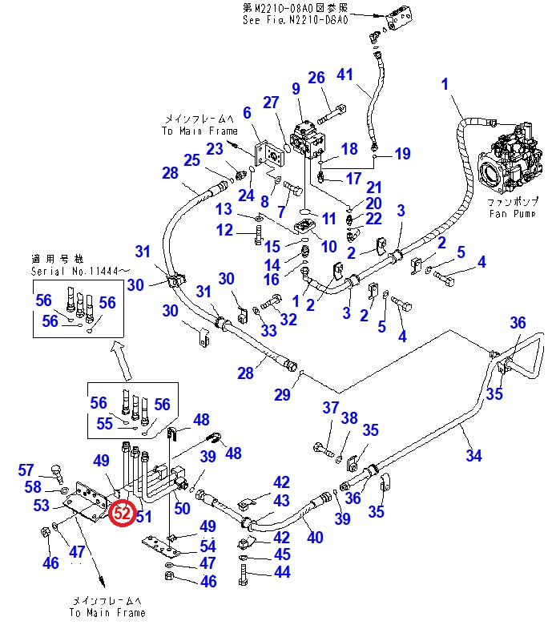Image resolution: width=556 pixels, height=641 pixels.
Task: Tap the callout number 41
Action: click(x=344, y=75)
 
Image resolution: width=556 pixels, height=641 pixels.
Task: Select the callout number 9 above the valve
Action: click(x=296, y=88)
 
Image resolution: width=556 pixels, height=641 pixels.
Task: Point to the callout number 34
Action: click(x=474, y=456)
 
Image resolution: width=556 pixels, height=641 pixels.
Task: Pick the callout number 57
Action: click(x=26, y=470)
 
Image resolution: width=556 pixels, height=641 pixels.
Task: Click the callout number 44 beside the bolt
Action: click(x=281, y=572)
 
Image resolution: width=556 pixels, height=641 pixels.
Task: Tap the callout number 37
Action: click(x=331, y=408)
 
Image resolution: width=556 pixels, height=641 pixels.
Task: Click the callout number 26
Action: click(x=316, y=77)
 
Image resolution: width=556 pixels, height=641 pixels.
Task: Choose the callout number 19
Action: click(x=402, y=153)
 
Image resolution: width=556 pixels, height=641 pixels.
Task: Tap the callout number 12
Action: click(x=224, y=230)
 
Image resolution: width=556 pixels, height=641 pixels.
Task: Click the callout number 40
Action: click(x=315, y=538)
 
